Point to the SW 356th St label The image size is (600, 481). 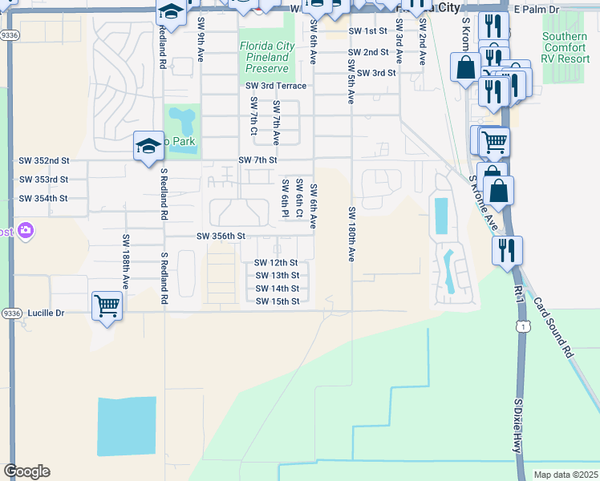pyautogui.click(x=221, y=236)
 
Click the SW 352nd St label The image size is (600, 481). pyautogui.click(x=44, y=160)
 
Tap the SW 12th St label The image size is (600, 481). pyautogui.click(x=277, y=263)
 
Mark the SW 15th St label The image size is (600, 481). pyautogui.click(x=277, y=301)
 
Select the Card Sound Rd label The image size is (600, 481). pyautogui.click(x=556, y=329)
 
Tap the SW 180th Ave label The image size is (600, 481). pyautogui.click(x=351, y=234)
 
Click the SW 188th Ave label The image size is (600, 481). pyautogui.click(x=126, y=261)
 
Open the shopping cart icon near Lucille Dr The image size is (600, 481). pyautogui.click(x=107, y=305)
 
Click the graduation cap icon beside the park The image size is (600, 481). pyautogui.click(x=148, y=146)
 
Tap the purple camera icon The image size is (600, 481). pyautogui.click(x=26, y=232)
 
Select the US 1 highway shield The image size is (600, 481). pyautogui.click(x=523, y=326)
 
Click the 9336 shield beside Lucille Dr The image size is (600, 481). pyautogui.click(x=10, y=313)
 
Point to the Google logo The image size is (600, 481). pyautogui.click(x=26, y=471)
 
